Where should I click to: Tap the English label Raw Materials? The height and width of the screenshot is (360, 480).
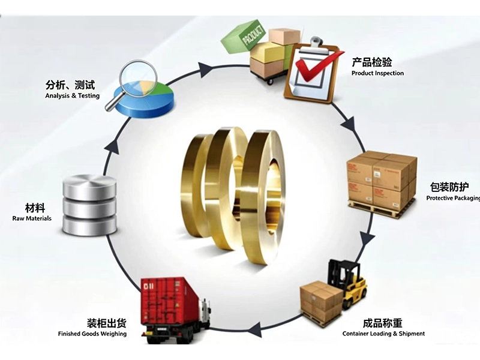coord(32,218)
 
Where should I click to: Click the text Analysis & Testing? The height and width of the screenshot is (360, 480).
coord(72,96)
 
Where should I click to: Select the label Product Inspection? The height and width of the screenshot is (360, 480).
coord(377,73)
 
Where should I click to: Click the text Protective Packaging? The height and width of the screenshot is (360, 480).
coord(453,198)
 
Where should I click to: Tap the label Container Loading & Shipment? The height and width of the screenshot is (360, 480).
coord(383,334)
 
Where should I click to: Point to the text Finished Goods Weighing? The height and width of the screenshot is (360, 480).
coord(92,334)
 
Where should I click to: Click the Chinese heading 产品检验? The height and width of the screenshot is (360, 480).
coord(371,62)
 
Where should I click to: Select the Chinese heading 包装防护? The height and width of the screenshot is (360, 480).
coord(449,187)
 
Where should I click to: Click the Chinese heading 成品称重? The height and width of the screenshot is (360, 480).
coord(382,323)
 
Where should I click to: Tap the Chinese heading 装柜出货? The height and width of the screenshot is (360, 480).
coord(106,323)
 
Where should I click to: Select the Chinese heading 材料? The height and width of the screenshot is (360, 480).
coord(35,208)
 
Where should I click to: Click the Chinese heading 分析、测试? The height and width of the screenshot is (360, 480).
coord(70,85)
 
